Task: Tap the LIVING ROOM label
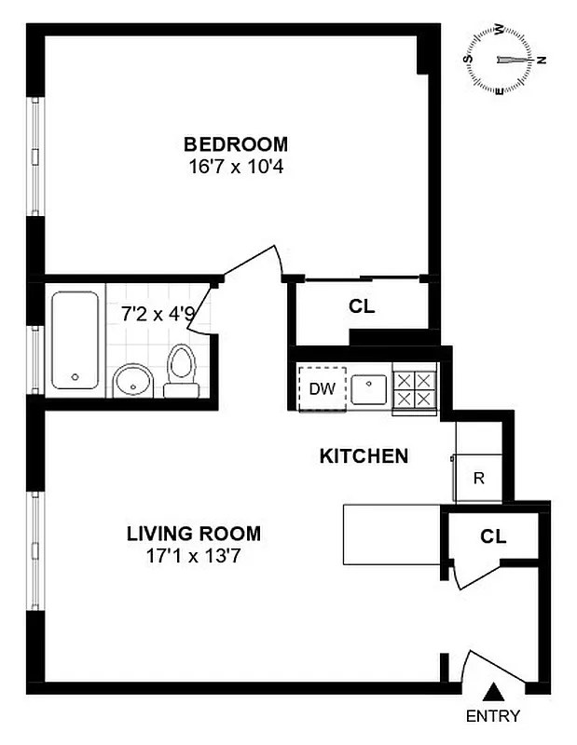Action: point(194,535)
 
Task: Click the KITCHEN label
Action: point(364,456)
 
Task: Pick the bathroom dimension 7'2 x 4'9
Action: point(158,314)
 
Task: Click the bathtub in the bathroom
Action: point(75,340)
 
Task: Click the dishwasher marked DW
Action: point(322,386)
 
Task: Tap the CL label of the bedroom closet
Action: point(362,305)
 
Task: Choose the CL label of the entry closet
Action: point(493,536)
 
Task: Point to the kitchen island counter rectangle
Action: point(391,535)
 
